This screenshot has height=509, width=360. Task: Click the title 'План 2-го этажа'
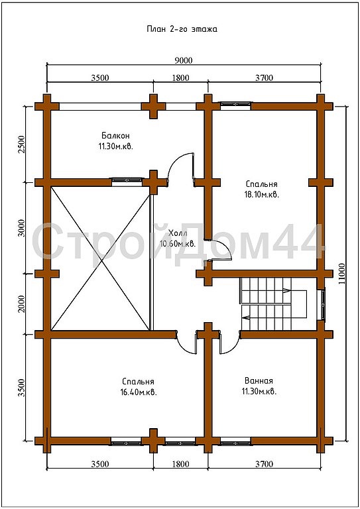[182, 29]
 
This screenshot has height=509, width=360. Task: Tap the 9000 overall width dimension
[184, 60]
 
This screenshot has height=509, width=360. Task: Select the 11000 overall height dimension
[341, 273]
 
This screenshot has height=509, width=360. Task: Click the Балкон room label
[115, 135]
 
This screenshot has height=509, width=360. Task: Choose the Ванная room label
[259, 380]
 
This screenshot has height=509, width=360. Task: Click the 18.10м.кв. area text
[262, 195]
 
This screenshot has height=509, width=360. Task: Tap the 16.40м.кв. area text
[139, 392]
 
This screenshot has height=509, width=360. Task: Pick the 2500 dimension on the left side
[21, 144]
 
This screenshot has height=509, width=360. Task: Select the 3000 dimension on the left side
[21, 228]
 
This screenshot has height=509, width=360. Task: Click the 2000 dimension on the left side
[21, 304]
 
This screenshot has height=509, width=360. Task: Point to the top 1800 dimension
[180, 78]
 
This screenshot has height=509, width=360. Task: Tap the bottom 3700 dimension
[265, 464]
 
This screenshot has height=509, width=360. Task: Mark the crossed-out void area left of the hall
[100, 258]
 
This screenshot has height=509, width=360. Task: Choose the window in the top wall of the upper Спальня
[236, 104]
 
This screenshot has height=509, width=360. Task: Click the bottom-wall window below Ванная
[235, 442]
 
